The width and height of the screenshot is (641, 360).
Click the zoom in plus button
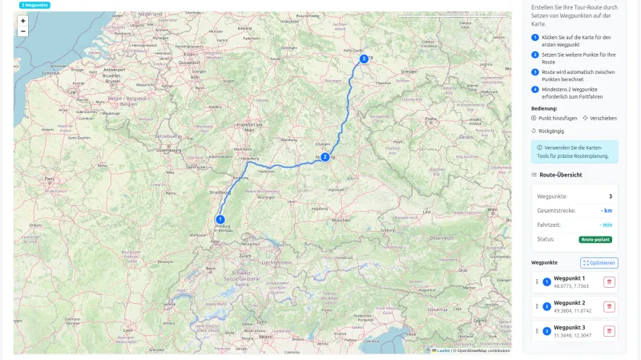(x=22, y=21)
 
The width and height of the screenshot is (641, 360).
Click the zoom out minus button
(x=22, y=31)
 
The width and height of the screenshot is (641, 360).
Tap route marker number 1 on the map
(x=220, y=219)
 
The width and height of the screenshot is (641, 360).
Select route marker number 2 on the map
(x=325, y=157)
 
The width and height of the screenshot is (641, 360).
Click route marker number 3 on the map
(x=364, y=59)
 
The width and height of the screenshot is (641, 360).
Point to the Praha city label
(x=430, y=119)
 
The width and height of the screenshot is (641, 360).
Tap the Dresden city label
(x=410, y=71)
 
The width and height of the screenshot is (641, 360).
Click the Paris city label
(x=49, y=178)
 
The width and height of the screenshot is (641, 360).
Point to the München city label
(x=341, y=219)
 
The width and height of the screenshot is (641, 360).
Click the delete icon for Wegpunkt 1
(x=609, y=281)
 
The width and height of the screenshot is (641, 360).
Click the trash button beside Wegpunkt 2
(x=609, y=306)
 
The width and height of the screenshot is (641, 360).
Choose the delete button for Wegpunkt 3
(x=609, y=331)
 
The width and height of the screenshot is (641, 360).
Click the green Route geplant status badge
(x=595, y=239)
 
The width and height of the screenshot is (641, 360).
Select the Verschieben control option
(x=600, y=118)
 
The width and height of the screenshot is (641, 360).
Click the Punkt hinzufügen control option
(x=553, y=118)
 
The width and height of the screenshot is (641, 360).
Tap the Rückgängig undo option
(x=548, y=131)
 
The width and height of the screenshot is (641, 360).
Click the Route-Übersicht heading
(x=561, y=174)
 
